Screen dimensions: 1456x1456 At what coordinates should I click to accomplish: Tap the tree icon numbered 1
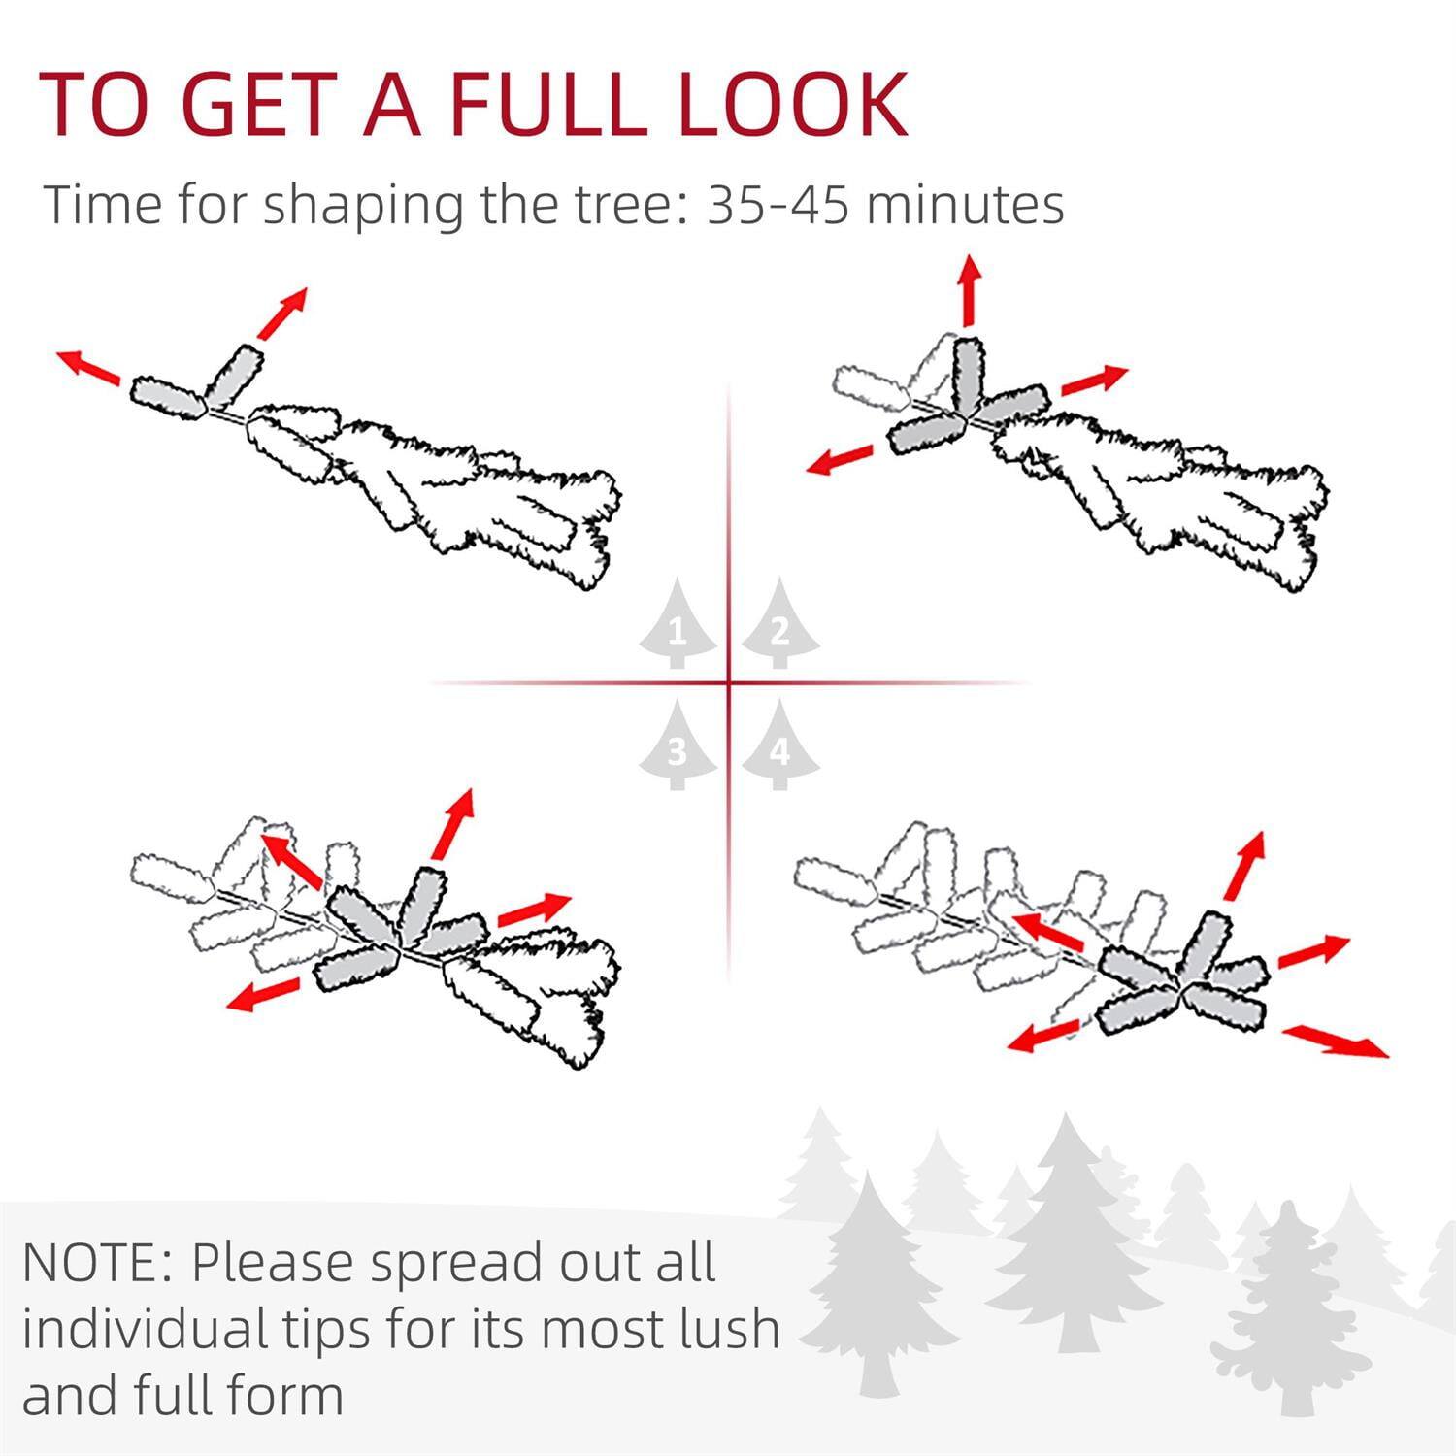pos(678,626)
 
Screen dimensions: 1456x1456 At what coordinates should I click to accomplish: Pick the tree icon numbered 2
pos(779,626)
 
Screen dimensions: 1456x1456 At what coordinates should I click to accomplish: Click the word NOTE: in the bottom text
pos(96,1263)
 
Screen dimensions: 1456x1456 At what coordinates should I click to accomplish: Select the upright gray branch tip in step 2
pos(968,374)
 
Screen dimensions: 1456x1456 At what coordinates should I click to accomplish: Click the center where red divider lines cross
pos(729,683)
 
